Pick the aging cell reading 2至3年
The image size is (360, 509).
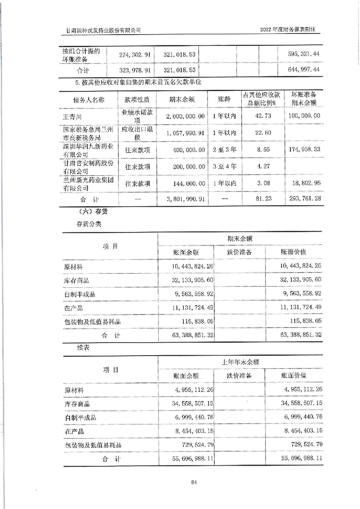(x=224, y=148)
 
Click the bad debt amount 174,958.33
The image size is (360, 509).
(x=304, y=148)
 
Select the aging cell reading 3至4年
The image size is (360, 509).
(x=224, y=166)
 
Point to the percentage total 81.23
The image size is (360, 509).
(x=263, y=199)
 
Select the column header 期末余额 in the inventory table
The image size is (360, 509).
(x=240, y=238)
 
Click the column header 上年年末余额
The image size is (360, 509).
(x=240, y=362)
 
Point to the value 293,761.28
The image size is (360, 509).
(x=304, y=199)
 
